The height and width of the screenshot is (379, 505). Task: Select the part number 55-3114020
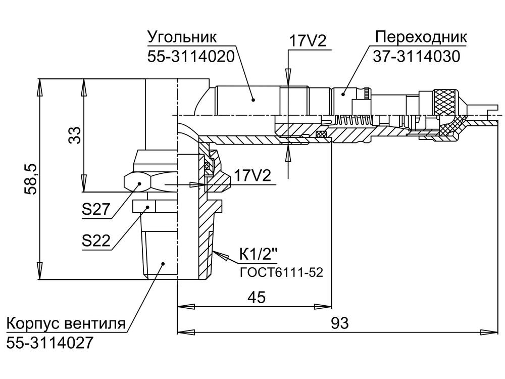point(191,57)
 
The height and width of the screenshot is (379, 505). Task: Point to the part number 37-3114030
point(417,57)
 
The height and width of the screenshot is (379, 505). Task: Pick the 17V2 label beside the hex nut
point(252,176)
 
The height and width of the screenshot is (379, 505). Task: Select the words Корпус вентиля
point(66,323)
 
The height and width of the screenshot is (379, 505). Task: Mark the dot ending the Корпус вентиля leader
point(163,263)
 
